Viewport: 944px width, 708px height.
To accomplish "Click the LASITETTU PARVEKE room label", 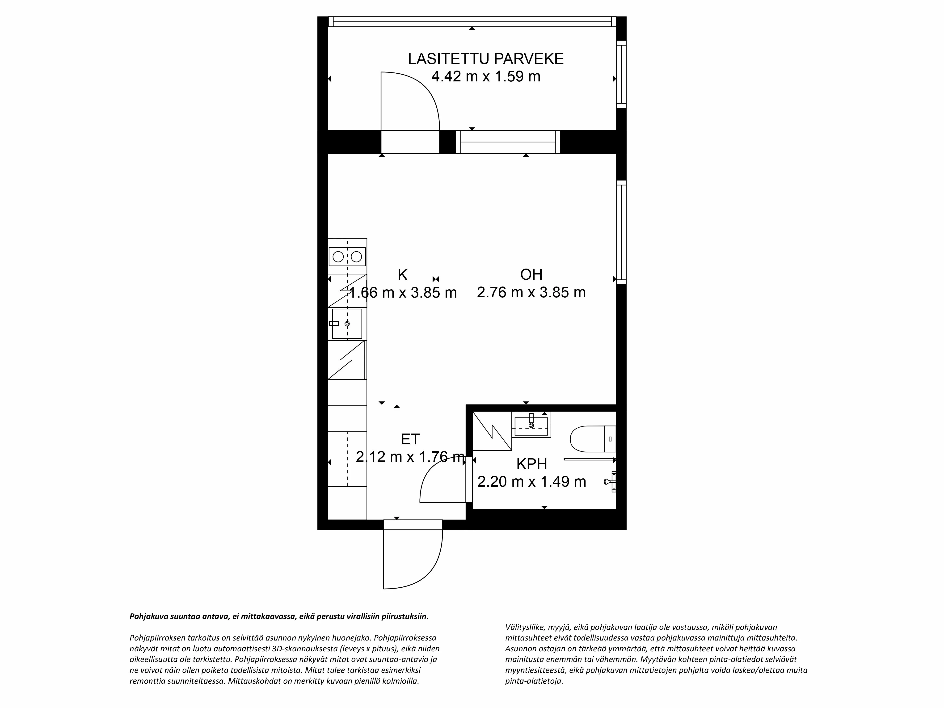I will coord(486,59).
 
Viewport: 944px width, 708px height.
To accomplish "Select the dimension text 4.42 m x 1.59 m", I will coord(486,77).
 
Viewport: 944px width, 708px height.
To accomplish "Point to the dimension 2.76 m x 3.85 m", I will coord(531,293).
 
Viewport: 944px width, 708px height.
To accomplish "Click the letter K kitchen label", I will coord(402,275).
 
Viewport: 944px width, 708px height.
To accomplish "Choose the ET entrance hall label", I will coord(410,439).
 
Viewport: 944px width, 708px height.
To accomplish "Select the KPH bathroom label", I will coord(531,464).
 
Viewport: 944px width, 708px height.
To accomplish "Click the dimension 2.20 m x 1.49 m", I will coord(531,482).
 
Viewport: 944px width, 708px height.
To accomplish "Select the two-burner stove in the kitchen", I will coord(347,257).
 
